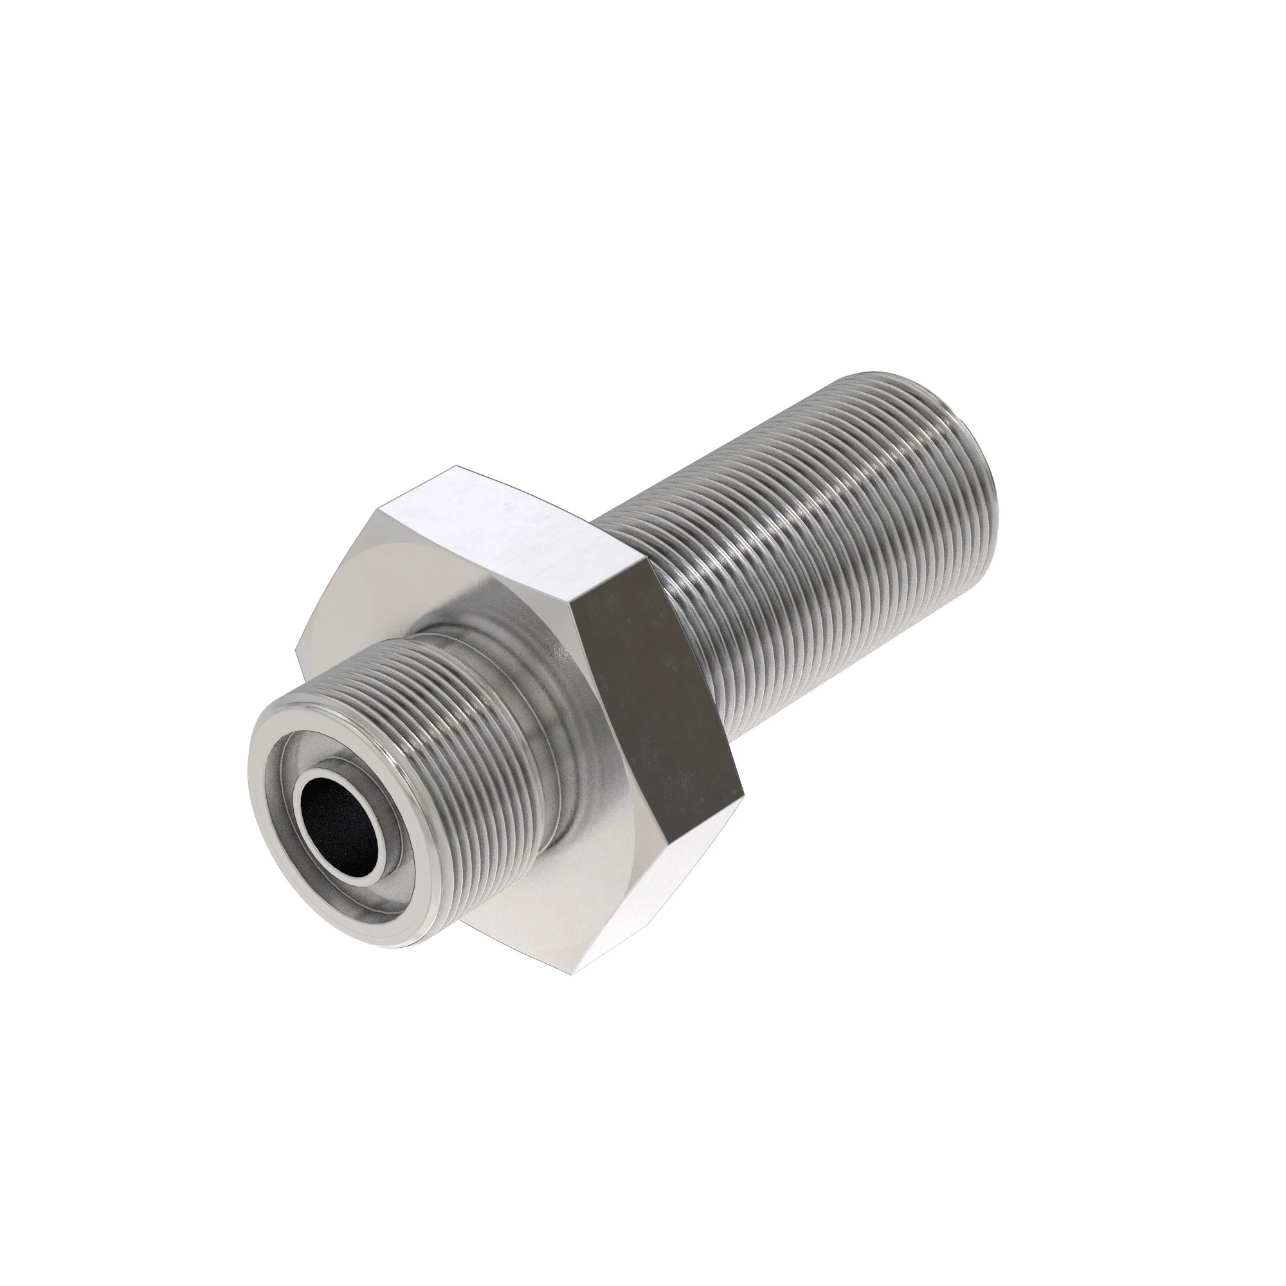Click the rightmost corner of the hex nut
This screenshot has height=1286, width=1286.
tap(743, 792)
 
